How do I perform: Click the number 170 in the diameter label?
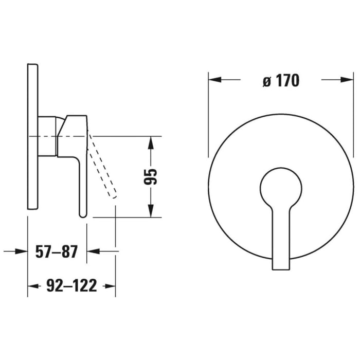tap(287, 81)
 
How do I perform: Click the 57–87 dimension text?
tap(56, 252)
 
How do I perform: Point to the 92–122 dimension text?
tap(71, 286)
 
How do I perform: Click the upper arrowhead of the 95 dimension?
tap(150, 142)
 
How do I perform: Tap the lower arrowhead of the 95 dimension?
tap(150, 211)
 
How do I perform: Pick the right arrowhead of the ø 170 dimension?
tap(348, 80)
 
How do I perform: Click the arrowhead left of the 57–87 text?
tap(21, 251)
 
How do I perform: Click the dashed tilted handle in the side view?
tap(103, 165)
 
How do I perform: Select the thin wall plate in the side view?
tap(32, 136)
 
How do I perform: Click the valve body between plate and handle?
tap(48, 135)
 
